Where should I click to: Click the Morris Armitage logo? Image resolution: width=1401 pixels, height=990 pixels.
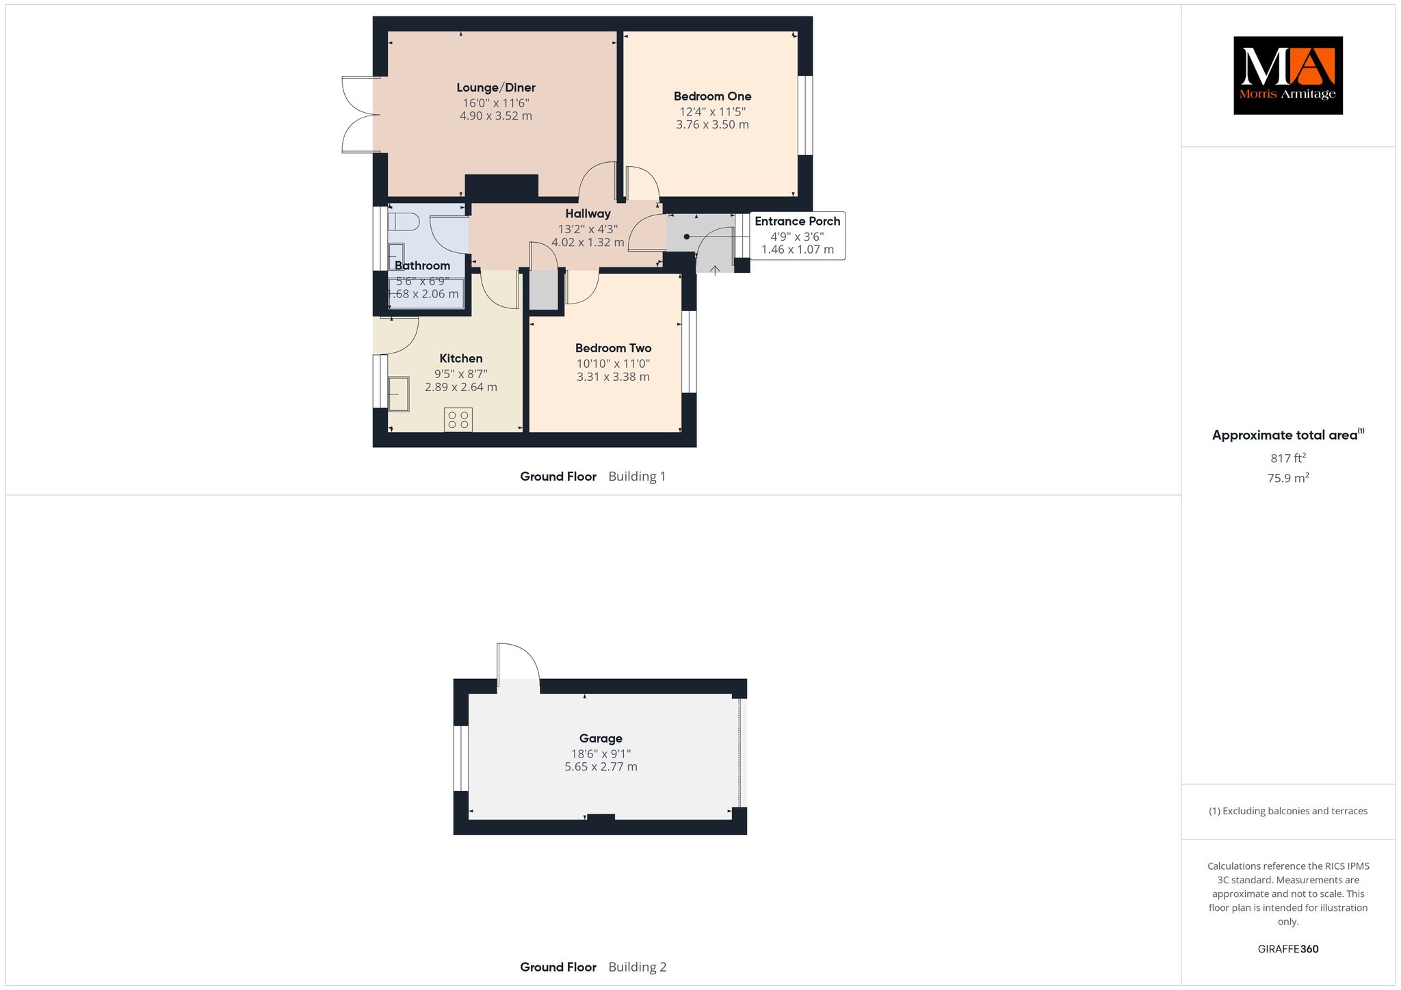point(1287,75)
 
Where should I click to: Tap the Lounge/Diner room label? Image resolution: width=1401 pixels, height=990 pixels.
point(496,88)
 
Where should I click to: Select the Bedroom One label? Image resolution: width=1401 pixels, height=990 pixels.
point(712,96)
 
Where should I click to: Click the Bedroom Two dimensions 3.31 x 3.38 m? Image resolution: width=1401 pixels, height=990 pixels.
point(613,377)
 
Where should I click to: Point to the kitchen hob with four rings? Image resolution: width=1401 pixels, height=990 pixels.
point(458,420)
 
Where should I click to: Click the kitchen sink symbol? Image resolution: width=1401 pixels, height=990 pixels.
point(398,394)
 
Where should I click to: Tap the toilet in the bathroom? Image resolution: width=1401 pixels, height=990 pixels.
point(403,222)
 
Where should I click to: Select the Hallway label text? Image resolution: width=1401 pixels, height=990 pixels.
point(588,214)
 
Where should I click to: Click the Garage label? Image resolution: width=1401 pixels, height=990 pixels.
point(601,738)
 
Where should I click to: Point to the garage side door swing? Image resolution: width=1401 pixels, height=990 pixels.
point(519,663)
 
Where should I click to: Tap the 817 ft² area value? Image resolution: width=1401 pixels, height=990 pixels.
point(1288,458)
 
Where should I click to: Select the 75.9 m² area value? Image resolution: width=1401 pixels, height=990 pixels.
point(1288,478)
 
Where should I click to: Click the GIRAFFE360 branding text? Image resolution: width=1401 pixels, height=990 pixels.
point(1288,949)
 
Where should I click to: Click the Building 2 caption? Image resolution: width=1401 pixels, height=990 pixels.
point(638,967)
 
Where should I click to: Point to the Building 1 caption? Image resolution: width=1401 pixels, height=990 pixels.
point(637,477)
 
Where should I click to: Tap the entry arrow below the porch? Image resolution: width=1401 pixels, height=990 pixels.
point(715,271)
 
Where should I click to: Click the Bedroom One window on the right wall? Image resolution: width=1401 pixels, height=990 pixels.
point(805,115)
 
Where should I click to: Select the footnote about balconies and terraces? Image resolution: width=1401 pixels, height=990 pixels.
point(1288,812)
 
